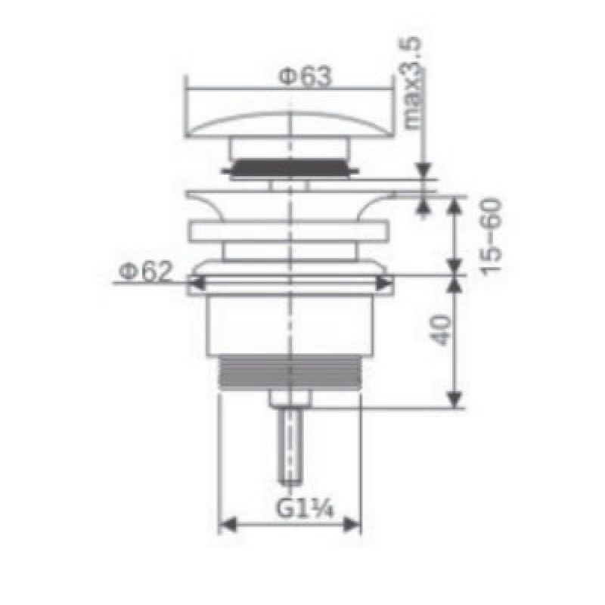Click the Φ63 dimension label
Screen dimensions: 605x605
tap(305, 77)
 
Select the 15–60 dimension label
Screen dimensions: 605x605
tap(491, 235)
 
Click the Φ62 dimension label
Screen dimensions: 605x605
tap(144, 271)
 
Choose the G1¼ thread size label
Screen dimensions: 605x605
tap(305, 508)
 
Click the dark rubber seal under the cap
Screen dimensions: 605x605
tap(290, 168)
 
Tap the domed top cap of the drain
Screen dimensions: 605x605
tap(290, 124)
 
